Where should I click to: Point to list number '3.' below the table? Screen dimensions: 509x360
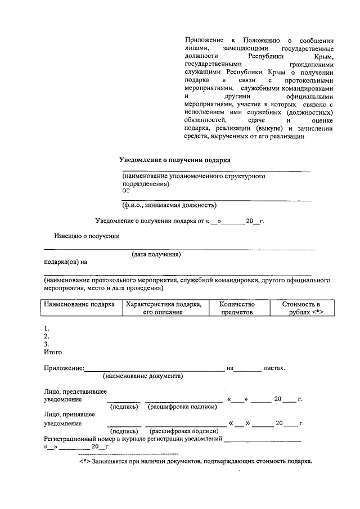[x=47, y=344]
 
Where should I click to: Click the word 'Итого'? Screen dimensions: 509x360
[x=53, y=352]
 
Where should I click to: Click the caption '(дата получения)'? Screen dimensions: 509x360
[x=156, y=255]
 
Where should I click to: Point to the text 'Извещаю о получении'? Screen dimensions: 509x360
[x=87, y=236]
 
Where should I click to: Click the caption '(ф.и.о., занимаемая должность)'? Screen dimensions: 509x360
[x=169, y=205]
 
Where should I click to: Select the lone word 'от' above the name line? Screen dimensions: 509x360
[x=125, y=191]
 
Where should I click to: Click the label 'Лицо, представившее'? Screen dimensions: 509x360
[x=75, y=391]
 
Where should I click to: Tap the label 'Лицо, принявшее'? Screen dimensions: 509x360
[x=70, y=415]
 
